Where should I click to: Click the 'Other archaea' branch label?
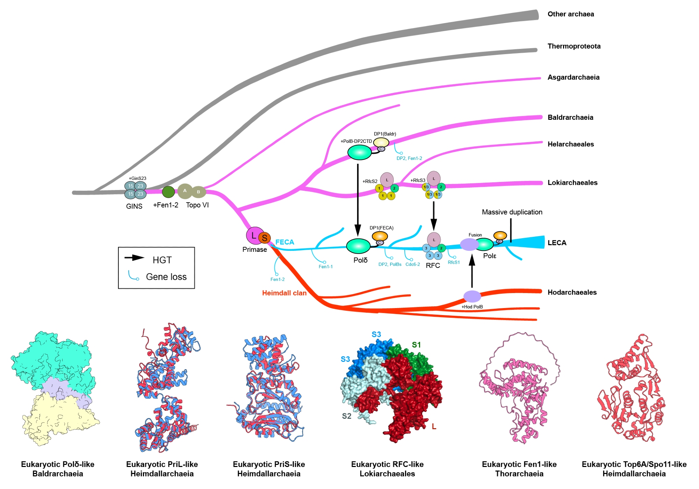(x=570, y=14)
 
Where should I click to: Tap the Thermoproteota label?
(x=574, y=46)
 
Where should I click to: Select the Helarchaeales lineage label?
(x=570, y=144)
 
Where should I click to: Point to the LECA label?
(x=557, y=243)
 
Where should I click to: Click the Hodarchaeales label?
(x=572, y=292)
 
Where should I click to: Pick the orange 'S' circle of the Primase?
(x=265, y=238)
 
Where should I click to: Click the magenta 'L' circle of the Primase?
(x=254, y=235)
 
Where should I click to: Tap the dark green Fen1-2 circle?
(x=168, y=192)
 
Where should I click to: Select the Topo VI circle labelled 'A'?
(x=185, y=191)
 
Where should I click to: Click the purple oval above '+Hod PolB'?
(x=472, y=297)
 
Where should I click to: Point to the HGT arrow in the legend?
(x=134, y=258)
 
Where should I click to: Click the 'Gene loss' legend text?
(x=166, y=277)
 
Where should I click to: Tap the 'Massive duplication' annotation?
(x=512, y=212)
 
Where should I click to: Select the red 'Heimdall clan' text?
(x=284, y=293)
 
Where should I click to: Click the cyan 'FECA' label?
(x=284, y=242)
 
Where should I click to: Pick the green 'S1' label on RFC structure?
(x=416, y=345)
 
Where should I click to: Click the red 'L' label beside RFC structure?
(x=434, y=426)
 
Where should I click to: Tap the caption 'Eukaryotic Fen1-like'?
(x=519, y=464)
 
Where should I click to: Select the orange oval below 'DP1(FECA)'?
(x=380, y=236)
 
